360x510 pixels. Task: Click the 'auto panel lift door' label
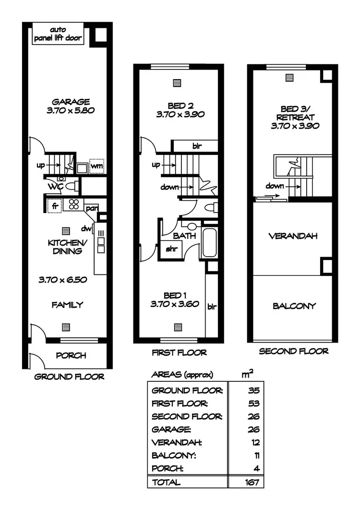pyautogui.click(x=58, y=34)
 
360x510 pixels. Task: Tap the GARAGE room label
pyautogui.click(x=71, y=101)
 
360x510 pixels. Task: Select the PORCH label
pyautogui.click(x=71, y=356)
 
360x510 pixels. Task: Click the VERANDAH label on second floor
pyautogui.click(x=293, y=236)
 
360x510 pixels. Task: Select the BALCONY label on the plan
pyautogui.click(x=294, y=306)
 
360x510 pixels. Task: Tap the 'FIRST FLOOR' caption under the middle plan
pyautogui.click(x=179, y=353)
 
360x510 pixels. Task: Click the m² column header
pyautogui.click(x=249, y=374)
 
